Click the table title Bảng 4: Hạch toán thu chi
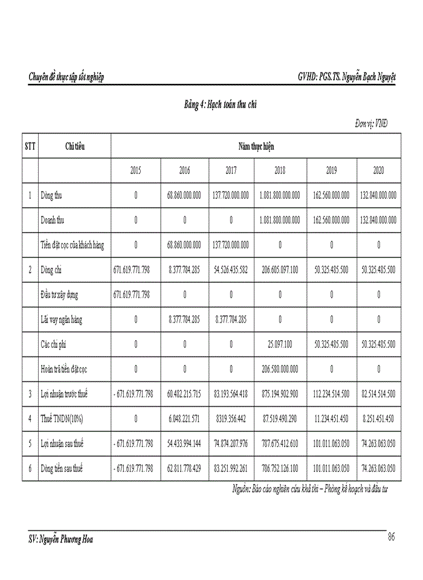click(x=221, y=105)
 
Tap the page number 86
click(x=392, y=537)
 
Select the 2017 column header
click(x=231, y=171)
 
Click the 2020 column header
click(x=378, y=171)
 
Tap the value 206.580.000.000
click(x=280, y=369)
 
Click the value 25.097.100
click(x=280, y=344)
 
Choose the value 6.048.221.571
click(x=184, y=418)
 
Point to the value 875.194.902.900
click(x=280, y=394)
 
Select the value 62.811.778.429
click(x=184, y=468)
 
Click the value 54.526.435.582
click(x=231, y=270)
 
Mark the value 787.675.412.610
click(x=280, y=443)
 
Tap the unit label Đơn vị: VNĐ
click(x=372, y=124)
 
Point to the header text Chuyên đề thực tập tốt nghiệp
click(x=66, y=77)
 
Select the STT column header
click(x=30, y=146)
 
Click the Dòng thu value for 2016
click(x=184, y=196)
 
